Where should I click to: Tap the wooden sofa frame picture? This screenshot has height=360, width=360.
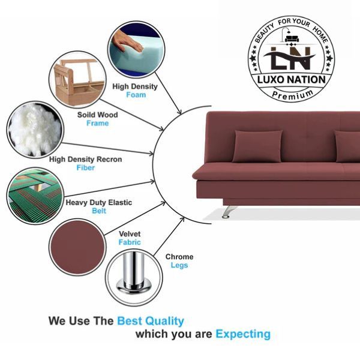pos(77,79)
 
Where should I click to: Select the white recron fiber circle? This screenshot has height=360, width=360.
pos(35,130)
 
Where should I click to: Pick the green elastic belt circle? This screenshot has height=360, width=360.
pos(35,196)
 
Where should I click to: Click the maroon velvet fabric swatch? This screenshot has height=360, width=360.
pos(77,247)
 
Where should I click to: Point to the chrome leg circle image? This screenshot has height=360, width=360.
pos(134,277)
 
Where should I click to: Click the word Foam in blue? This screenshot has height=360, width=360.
pos(136,95)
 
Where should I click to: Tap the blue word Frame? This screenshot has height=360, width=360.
pos(98,123)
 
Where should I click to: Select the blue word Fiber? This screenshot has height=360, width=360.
pos(86,167)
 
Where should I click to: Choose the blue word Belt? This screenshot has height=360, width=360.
pos(99,211)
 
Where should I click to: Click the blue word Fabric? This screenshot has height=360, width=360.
pos(130,242)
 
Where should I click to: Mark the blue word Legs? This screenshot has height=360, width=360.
pos(179,265)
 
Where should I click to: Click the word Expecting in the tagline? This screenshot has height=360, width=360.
pos(243,334)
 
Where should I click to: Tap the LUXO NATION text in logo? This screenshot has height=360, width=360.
pos(292,80)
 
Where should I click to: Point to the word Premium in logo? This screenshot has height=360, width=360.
pos(293,95)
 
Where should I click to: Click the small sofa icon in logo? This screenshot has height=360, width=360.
pos(292,38)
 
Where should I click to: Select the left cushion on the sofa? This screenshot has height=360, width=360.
pos(258,146)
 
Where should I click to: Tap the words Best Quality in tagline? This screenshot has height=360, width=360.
pos(151,321)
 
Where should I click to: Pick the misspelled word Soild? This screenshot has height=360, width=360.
pos(86,115)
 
